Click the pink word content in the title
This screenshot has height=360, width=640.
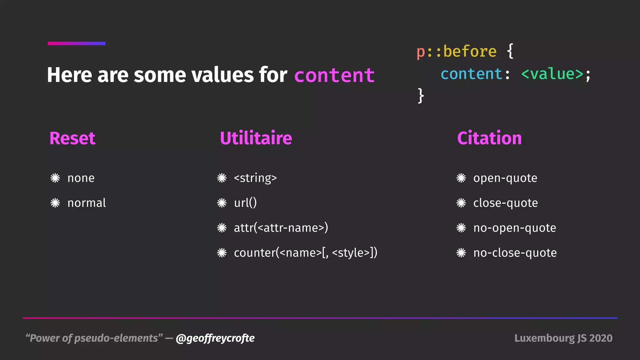pyautogui.click(x=334, y=75)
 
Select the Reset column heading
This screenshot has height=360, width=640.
pyautogui.click(x=72, y=138)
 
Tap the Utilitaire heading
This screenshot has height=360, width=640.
pyautogui.click(x=256, y=138)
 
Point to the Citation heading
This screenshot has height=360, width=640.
pyautogui.click(x=489, y=138)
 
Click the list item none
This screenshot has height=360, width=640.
pyautogui.click(x=81, y=178)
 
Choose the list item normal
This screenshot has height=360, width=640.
pyautogui.click(x=87, y=203)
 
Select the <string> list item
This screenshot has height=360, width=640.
pyautogui.click(x=255, y=178)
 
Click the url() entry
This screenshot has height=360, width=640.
pyautogui.click(x=245, y=203)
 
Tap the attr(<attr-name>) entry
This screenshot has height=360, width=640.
pyautogui.click(x=281, y=228)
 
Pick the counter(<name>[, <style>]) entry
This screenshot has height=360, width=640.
pyautogui.click(x=305, y=252)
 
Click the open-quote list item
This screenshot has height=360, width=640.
pyautogui.click(x=505, y=178)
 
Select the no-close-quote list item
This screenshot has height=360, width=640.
pyautogui.click(x=515, y=252)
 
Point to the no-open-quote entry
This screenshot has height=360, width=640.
pyautogui.click(x=514, y=228)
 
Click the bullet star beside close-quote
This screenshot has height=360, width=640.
pyautogui.click(x=461, y=203)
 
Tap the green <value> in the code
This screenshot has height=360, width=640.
pyautogui.click(x=552, y=74)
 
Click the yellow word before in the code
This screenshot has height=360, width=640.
pyautogui.click(x=469, y=52)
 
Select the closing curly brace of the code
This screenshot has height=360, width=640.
pyautogui.click(x=421, y=95)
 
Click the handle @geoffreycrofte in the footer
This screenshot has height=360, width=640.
pyautogui.click(x=215, y=338)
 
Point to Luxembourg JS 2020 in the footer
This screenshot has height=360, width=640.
pyautogui.click(x=563, y=338)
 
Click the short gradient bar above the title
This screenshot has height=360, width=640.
pyautogui.click(x=77, y=43)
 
